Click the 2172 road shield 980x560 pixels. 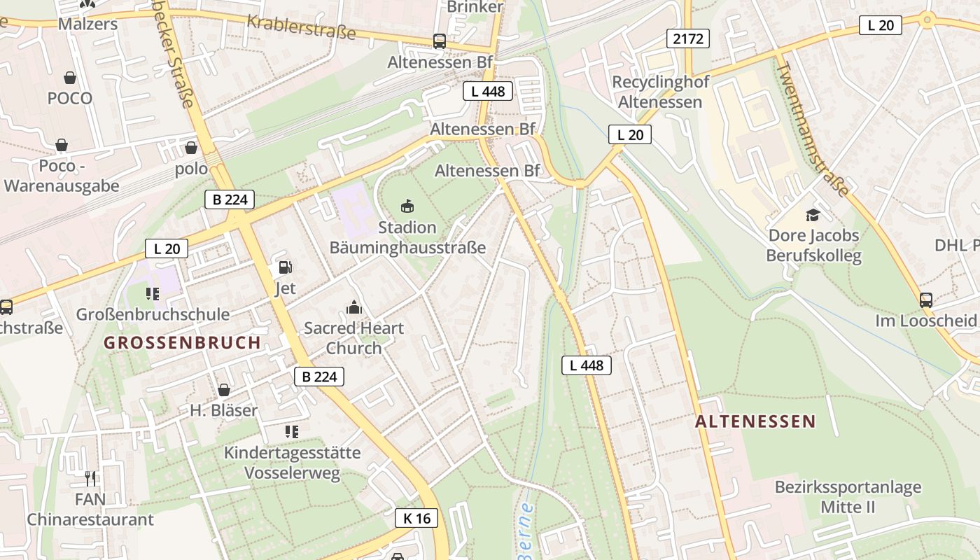(688, 38)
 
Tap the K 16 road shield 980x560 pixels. (416, 518)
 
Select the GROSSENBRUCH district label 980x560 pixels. (183, 342)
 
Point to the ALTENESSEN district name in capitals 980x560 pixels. (755, 421)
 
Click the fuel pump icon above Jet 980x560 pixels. (285, 267)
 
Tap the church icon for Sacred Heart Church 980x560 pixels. (354, 307)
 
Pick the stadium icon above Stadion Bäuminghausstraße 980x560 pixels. (407, 206)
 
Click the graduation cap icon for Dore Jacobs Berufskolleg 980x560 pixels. (813, 214)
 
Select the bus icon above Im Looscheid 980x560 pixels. (926, 300)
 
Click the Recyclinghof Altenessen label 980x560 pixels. (660, 92)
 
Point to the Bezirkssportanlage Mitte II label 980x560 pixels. (848, 497)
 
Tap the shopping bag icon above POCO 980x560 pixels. (70, 77)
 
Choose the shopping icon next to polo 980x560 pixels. (190, 148)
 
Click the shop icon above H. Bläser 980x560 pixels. (224, 390)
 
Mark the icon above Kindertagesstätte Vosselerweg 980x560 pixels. (292, 432)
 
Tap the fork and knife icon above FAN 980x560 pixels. (90, 479)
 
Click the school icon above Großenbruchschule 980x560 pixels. (152, 293)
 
